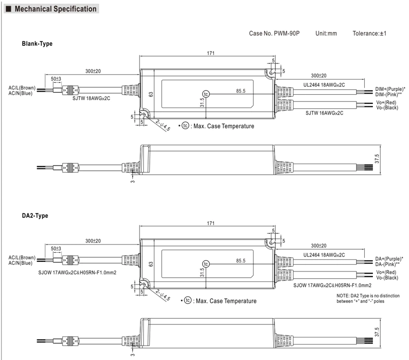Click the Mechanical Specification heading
[x=55, y=9]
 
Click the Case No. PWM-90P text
[x=274, y=33]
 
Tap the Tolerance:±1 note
[x=370, y=33]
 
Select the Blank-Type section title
[x=37, y=44]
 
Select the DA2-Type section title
[x=35, y=216]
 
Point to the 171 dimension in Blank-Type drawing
[x=211, y=53]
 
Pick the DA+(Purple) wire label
[x=389, y=259]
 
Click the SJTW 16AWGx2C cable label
[x=324, y=113]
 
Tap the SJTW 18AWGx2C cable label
[x=91, y=98]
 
